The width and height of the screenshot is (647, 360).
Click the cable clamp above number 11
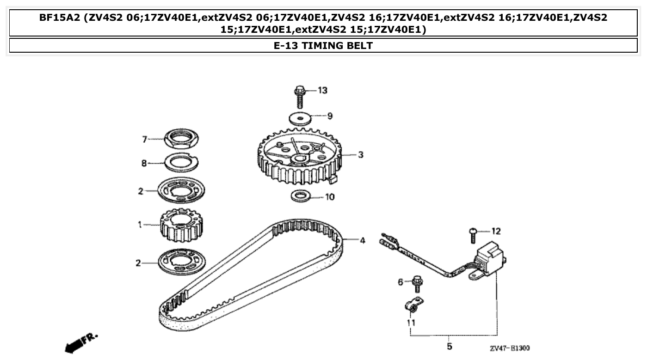tap(412, 305)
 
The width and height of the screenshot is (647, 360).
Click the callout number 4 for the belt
tap(362, 240)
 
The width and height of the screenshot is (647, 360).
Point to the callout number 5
tap(449, 346)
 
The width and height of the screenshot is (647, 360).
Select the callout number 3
tap(361, 155)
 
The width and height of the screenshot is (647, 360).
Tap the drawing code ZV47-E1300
tap(509, 348)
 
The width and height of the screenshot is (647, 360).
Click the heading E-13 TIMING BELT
tap(323, 45)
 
